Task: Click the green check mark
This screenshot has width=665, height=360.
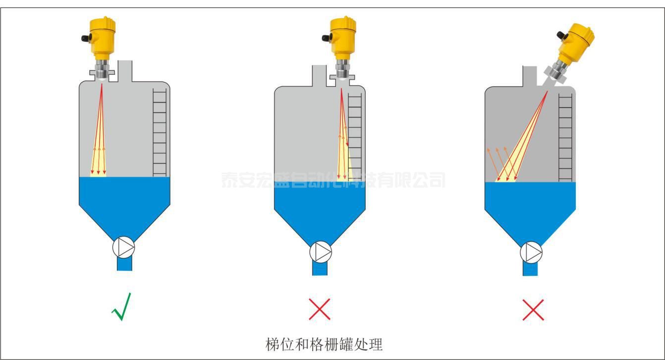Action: pyautogui.click(x=121, y=307)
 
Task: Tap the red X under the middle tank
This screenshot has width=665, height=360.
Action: pyautogui.click(x=320, y=309)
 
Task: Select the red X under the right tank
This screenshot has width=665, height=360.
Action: pyautogui.click(x=533, y=309)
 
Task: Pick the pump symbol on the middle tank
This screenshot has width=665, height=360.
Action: pyautogui.click(x=321, y=251)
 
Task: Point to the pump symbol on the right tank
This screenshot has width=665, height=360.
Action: pyautogui.click(x=531, y=252)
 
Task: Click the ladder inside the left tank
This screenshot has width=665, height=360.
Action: pyautogui.click(x=160, y=132)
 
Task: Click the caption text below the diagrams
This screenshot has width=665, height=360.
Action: pyautogui.click(x=325, y=343)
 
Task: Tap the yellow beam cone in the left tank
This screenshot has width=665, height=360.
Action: pyautogui.click(x=99, y=159)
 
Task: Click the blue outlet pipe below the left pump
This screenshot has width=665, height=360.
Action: pyautogui.click(x=124, y=264)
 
